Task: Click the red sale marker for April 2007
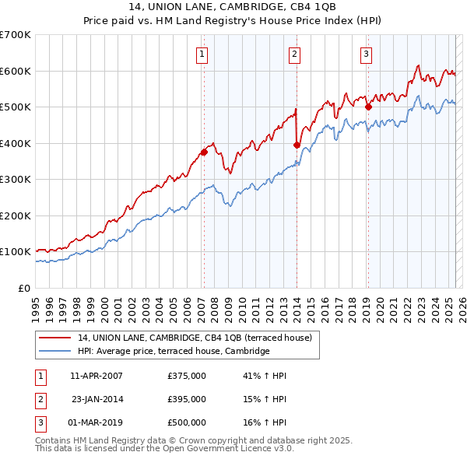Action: (204, 152)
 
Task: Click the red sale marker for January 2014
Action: (297, 145)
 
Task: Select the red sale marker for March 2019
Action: (368, 107)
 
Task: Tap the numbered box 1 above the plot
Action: (202, 54)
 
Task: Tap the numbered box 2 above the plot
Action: (295, 54)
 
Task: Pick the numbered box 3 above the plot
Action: (366, 54)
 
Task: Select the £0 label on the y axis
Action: (24, 288)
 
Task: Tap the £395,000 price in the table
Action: (187, 399)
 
